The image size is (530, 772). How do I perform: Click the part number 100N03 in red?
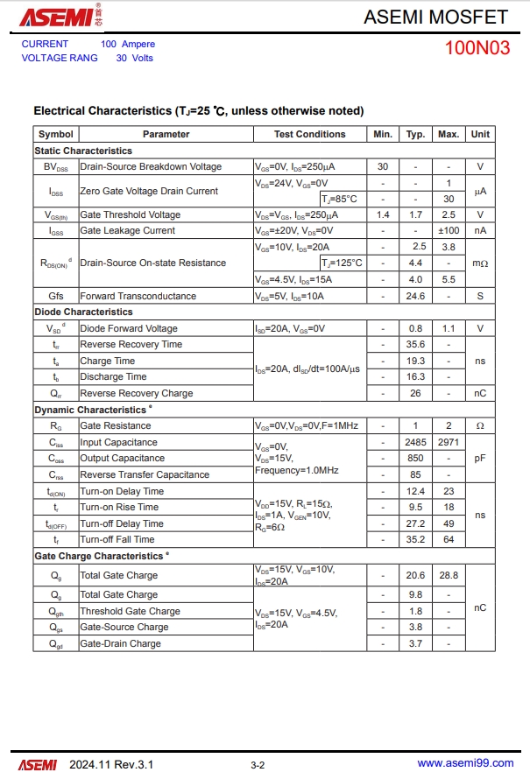[477, 48]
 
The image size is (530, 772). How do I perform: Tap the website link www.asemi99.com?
[464, 763]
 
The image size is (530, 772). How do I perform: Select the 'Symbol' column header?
[56, 134]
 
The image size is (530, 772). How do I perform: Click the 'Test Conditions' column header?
[309, 134]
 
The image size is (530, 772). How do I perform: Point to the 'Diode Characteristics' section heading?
[84, 312]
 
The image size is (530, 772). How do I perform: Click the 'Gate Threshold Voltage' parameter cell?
[131, 214]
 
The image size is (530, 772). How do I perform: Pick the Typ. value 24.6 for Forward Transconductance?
[416, 296]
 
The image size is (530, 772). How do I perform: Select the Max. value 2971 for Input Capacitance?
[449, 442]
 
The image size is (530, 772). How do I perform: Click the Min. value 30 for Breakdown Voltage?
[383, 166]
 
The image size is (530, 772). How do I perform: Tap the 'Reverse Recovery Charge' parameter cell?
[137, 393]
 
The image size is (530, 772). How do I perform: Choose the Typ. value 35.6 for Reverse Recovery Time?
[416, 344]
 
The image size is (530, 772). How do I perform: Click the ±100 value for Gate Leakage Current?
[449, 230]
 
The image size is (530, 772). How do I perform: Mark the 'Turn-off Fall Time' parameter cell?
[117, 539]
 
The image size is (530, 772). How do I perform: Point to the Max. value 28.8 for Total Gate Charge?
[449, 575]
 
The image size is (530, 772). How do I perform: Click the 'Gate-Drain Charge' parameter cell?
[121, 643]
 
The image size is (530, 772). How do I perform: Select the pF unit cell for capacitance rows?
[480, 458]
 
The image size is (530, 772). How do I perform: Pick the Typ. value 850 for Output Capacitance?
[416, 458]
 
